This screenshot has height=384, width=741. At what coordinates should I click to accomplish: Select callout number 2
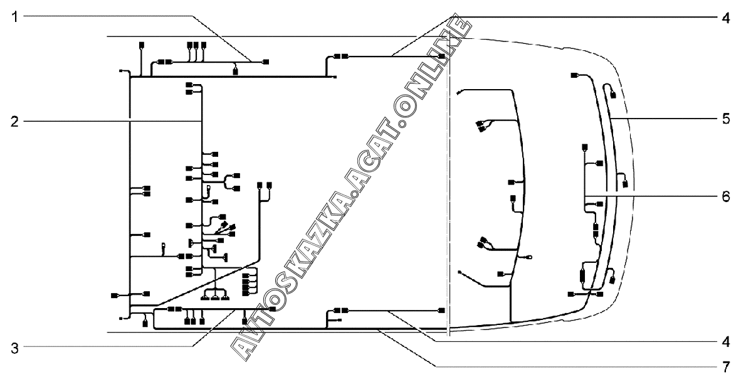(x=14, y=120)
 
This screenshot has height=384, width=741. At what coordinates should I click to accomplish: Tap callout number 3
(x=14, y=346)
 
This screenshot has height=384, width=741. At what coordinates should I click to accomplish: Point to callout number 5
(x=725, y=119)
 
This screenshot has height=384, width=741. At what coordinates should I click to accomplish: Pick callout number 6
(x=725, y=195)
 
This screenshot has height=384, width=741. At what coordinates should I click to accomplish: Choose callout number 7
(x=725, y=365)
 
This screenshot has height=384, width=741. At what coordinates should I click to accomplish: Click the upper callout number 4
(x=725, y=17)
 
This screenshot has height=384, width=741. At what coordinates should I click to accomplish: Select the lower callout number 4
(x=725, y=342)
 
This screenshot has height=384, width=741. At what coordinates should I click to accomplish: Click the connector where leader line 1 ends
(x=266, y=61)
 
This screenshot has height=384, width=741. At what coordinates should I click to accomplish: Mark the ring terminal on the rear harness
(x=530, y=256)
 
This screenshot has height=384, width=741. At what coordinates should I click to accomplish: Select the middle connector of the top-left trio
(x=196, y=45)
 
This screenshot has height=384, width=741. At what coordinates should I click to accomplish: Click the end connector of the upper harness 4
(x=442, y=56)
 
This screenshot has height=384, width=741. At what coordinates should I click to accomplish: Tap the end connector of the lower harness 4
(x=442, y=310)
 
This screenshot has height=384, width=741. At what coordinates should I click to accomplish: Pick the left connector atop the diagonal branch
(x=260, y=185)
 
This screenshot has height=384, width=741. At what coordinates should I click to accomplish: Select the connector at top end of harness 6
(x=574, y=75)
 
